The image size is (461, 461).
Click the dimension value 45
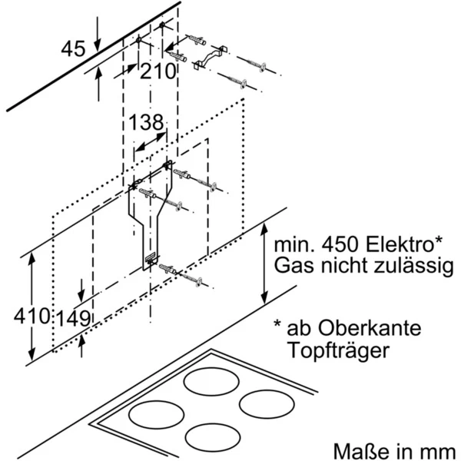[x=73, y=49]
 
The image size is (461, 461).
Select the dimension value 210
[x=158, y=71]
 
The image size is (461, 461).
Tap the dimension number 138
[x=145, y=122]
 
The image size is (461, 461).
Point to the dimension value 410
[x=31, y=315]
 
